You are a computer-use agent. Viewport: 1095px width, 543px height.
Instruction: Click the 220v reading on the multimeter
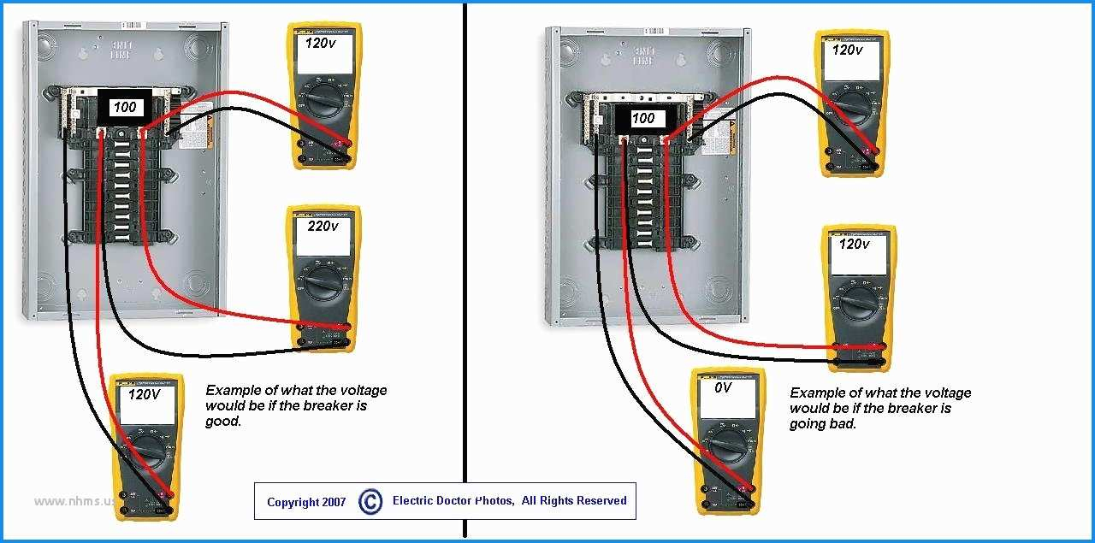[x=323, y=227]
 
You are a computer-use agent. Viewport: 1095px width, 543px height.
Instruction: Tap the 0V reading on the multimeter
[x=723, y=387]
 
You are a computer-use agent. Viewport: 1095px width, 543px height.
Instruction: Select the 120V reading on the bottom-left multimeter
[x=144, y=395]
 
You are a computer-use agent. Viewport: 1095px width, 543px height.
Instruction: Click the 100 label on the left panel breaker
[x=123, y=108]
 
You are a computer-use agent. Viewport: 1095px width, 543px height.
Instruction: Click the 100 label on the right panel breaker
[x=642, y=119]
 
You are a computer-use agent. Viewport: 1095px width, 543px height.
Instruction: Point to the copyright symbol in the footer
[x=370, y=501]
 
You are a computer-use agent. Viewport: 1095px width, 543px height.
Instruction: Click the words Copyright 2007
[x=306, y=502]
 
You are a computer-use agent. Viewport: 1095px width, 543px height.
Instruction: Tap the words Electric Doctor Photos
[x=453, y=500]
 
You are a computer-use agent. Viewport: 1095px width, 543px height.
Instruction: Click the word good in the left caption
[x=223, y=422]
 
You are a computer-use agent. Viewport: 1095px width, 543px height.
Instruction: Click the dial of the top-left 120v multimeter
[x=323, y=101]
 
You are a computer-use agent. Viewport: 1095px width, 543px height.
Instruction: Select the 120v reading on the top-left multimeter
[x=321, y=42]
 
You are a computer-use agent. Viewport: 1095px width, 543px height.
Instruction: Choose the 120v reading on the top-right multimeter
[x=848, y=50]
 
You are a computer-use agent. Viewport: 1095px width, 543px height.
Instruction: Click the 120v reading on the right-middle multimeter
[x=853, y=244]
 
